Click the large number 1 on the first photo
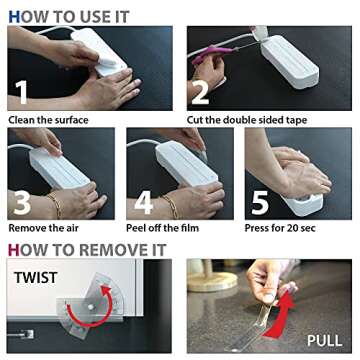point(22,91)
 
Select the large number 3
point(22,202)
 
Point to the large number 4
point(144,202)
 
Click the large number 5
point(260,202)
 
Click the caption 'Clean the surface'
point(48,120)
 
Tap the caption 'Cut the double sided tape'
point(247,120)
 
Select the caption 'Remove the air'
point(44,228)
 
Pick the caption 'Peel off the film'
point(163,228)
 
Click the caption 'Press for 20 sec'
point(280,228)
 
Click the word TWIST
point(36,277)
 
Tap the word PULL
point(324,340)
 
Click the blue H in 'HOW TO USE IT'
point(14,17)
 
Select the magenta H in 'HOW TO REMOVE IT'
point(14,250)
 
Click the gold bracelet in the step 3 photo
point(55,205)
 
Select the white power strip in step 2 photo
point(289,62)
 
